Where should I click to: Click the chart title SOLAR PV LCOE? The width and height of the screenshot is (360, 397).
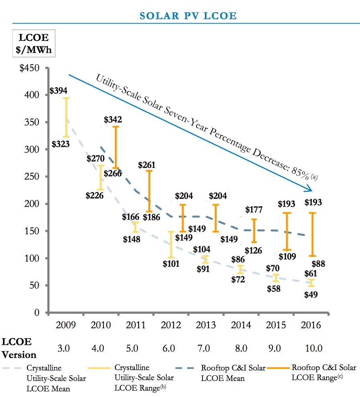[x=188, y=16]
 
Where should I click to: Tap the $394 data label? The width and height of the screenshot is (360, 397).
[x=58, y=91]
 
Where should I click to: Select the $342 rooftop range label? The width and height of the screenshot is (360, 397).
[x=113, y=119]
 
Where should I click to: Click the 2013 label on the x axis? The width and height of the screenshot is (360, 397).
[x=205, y=325]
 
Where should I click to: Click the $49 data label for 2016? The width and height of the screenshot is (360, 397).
[x=311, y=295]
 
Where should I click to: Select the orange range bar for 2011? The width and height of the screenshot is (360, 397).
[x=149, y=191]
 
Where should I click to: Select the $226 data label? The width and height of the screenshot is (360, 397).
[x=94, y=196]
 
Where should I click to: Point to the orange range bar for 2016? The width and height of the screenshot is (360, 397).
[x=312, y=234]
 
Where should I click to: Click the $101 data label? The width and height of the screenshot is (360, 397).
[x=171, y=264]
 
